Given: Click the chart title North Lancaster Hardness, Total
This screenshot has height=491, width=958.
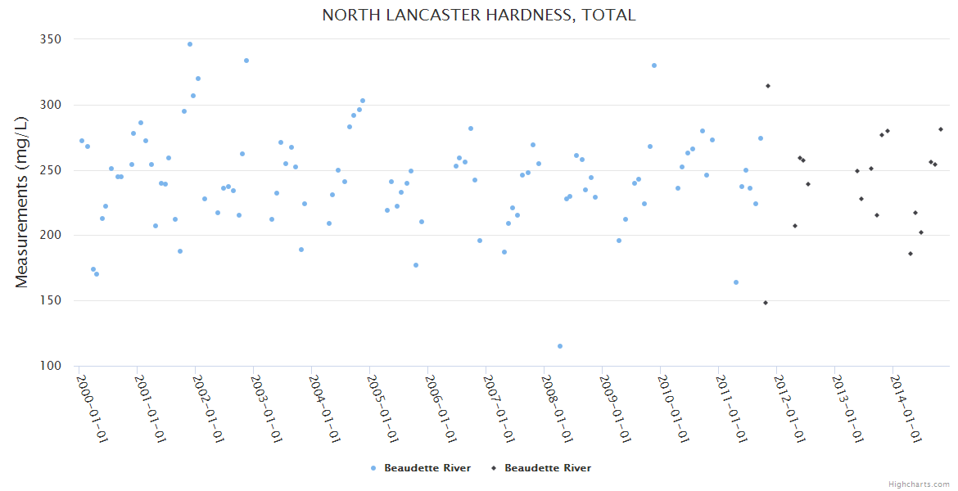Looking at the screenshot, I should coord(478,16).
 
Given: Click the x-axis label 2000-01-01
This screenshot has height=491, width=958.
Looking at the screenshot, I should coord(93,408).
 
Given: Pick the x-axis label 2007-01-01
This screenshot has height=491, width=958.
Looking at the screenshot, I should coord(499,408).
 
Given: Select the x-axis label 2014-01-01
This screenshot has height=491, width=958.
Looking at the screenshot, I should coord(906,408).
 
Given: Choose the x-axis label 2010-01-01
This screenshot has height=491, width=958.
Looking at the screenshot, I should coord(674,408).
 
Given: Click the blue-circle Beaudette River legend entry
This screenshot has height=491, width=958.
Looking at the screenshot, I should coord(421,468).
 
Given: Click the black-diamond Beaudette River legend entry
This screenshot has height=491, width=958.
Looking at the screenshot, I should coord(540,468).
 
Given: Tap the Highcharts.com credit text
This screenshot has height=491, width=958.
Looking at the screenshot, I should coord(919,484).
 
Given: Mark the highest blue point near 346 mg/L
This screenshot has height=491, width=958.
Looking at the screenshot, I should coord(190,44).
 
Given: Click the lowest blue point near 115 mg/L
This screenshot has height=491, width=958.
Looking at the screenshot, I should coord(560,346).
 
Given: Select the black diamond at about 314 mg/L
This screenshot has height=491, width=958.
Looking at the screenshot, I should coord(768,86).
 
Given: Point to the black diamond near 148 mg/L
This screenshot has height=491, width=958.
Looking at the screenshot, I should coord(766,303).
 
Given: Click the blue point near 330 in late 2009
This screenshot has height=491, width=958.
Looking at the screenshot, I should coord(654,65).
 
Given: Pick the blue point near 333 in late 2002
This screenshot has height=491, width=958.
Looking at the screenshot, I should coord(246,61).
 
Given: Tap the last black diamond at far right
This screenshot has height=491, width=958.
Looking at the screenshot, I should coord(941,129).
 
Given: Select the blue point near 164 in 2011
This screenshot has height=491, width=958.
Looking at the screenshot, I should coord(736,282).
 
